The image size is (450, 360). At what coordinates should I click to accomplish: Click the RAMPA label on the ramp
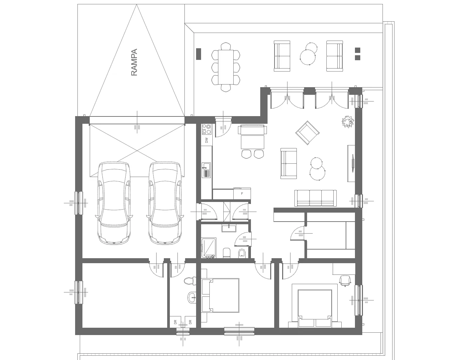tap(134, 62)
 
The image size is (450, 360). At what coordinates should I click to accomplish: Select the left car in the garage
tap(114, 203)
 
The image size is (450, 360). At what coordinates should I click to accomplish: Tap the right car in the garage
tap(165, 203)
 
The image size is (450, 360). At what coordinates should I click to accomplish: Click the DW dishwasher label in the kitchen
tap(207, 140)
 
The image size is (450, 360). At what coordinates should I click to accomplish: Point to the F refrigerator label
tap(242, 194)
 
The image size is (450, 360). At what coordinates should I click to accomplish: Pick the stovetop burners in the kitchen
tap(207, 129)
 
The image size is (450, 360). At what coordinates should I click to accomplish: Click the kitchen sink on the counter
tap(206, 170)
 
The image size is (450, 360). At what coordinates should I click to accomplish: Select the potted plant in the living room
tap(348, 121)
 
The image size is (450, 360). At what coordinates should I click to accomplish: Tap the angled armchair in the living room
tap(307, 133)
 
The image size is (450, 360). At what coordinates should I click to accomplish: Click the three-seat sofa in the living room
tap(315, 198)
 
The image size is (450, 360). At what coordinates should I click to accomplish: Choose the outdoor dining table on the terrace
tap(226, 67)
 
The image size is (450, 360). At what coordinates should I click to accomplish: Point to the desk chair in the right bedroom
tap(345, 280)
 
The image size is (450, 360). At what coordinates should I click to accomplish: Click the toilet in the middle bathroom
tap(227, 253)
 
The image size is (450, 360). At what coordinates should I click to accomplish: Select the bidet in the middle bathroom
tap(242, 253)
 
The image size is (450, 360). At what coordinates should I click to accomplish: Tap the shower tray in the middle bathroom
tap(209, 248)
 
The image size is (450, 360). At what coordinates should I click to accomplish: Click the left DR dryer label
tap(175, 322)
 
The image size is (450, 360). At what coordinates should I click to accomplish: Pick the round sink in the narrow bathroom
tap(192, 297)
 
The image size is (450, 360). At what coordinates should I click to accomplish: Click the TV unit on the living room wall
tap(351, 163)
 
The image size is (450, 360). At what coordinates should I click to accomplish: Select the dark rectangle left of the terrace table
tap(198, 54)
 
